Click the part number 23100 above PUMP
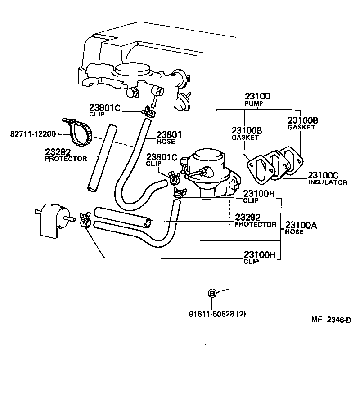[x=257, y=96]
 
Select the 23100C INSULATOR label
[x=327, y=178]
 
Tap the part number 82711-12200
[x=33, y=134]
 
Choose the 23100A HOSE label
[x=301, y=228]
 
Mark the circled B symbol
[x=211, y=293]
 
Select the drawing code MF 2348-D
[x=330, y=320]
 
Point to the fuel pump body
[x=209, y=173]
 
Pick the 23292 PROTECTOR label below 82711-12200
[x=66, y=155]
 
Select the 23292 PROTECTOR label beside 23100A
[x=256, y=221]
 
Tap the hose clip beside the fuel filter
[x=85, y=220]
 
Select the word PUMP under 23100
[x=254, y=103]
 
